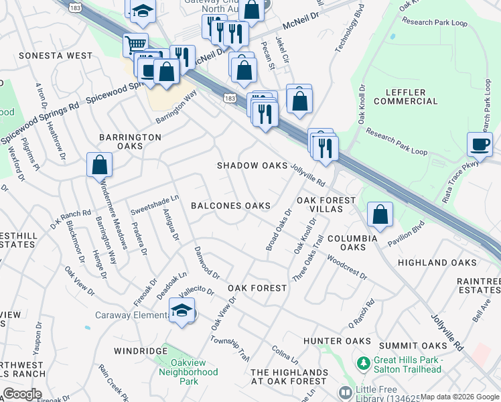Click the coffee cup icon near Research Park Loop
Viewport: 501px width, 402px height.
[480, 144]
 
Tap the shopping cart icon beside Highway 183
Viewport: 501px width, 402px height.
[135, 45]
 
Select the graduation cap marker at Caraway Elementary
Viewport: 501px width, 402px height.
[182, 310]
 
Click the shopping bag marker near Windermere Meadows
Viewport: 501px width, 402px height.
[99, 164]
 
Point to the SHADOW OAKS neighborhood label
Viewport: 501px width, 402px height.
[252, 165]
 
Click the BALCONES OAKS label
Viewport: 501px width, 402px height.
[230, 206]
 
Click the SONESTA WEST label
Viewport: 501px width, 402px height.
[56, 55]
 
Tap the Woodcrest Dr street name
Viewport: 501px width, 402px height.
[347, 266]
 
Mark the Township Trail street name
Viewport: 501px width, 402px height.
[229, 348]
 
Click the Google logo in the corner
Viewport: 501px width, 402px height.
[22, 394]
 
